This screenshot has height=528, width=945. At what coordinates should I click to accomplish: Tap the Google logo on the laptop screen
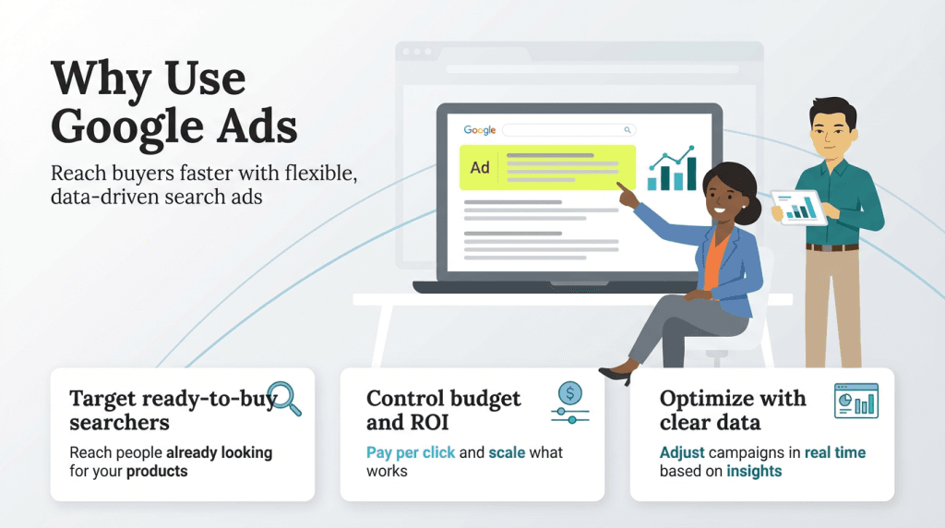[x=480, y=130]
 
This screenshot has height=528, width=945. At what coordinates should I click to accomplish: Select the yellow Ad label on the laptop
[x=480, y=168]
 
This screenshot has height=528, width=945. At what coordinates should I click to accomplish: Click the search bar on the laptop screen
[x=568, y=130]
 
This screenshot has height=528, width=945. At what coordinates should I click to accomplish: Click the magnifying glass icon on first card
[x=283, y=398]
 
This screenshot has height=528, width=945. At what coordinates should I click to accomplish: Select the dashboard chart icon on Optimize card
[x=855, y=402]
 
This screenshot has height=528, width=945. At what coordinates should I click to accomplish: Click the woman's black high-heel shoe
[x=616, y=375]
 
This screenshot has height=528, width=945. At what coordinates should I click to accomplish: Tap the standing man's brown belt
[x=831, y=247]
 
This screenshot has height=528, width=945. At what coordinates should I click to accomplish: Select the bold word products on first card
[x=157, y=471]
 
